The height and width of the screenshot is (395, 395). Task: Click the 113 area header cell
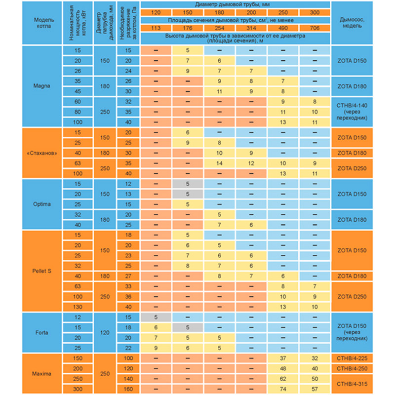156,28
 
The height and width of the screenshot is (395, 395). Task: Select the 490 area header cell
283,28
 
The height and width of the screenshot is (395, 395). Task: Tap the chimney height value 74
283,390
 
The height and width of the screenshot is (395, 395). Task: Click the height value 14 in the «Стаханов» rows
220,162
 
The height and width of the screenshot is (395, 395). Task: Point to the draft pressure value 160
128,390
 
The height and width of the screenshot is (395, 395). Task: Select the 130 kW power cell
77,306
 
